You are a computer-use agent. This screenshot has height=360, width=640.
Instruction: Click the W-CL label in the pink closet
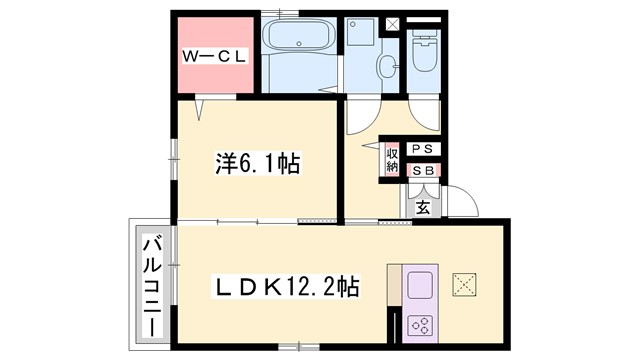coord(214,57)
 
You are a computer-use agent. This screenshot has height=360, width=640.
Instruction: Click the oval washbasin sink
coord(385,68)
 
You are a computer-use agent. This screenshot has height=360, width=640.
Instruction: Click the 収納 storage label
coord(392,160)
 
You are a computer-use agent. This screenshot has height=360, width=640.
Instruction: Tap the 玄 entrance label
coord(422,208)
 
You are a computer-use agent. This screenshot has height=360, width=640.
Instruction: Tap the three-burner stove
coord(420,325)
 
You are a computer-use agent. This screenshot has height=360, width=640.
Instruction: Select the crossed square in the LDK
coord(464,284)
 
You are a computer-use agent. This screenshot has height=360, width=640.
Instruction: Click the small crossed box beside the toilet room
coord(392,24)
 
